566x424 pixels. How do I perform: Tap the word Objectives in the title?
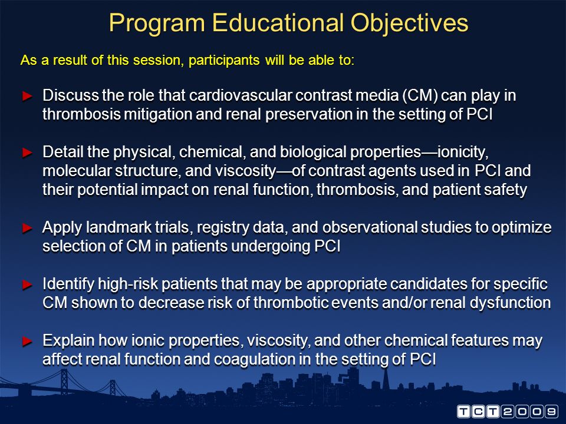click(409, 24)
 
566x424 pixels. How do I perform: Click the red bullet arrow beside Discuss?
click(28, 96)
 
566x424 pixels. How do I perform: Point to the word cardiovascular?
click(241, 95)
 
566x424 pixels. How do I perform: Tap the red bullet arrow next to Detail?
click(28, 153)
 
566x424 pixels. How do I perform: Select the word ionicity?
click(463, 152)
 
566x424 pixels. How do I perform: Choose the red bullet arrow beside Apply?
click(28, 228)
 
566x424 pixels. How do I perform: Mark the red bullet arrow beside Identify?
click(28, 284)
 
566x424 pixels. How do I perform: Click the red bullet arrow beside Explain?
click(28, 341)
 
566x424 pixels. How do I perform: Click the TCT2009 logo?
click(507, 412)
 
